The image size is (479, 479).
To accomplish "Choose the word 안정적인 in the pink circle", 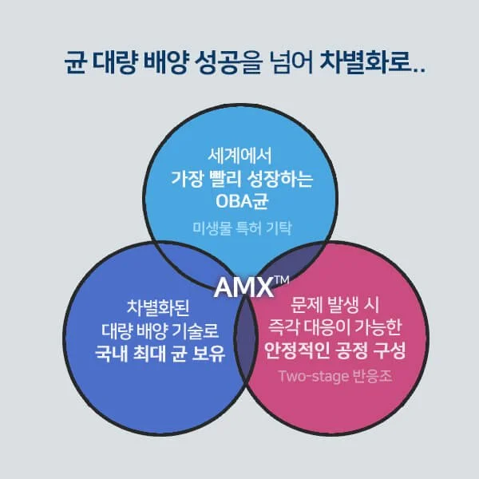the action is click(295, 351).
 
